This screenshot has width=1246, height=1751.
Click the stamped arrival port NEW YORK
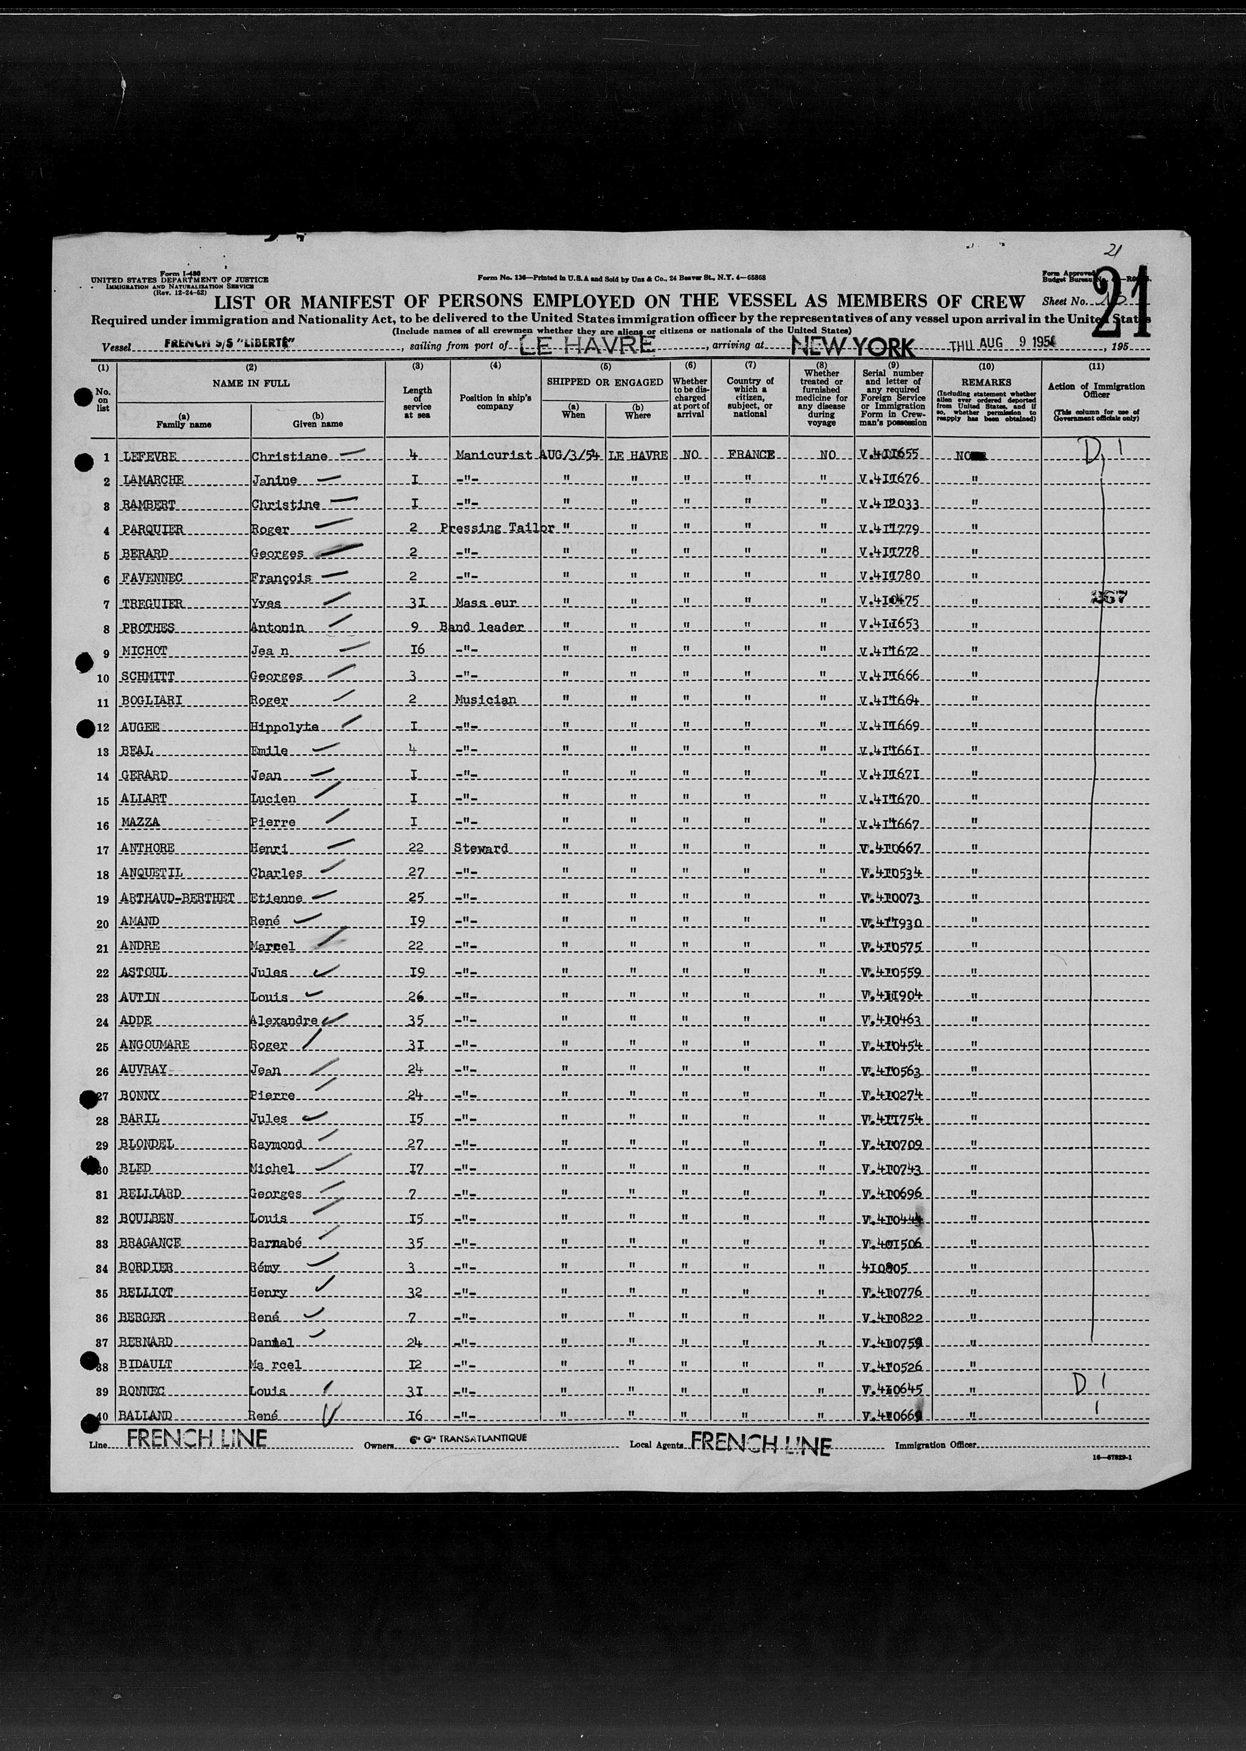[x=852, y=347]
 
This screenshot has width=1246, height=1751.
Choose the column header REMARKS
[x=987, y=381]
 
